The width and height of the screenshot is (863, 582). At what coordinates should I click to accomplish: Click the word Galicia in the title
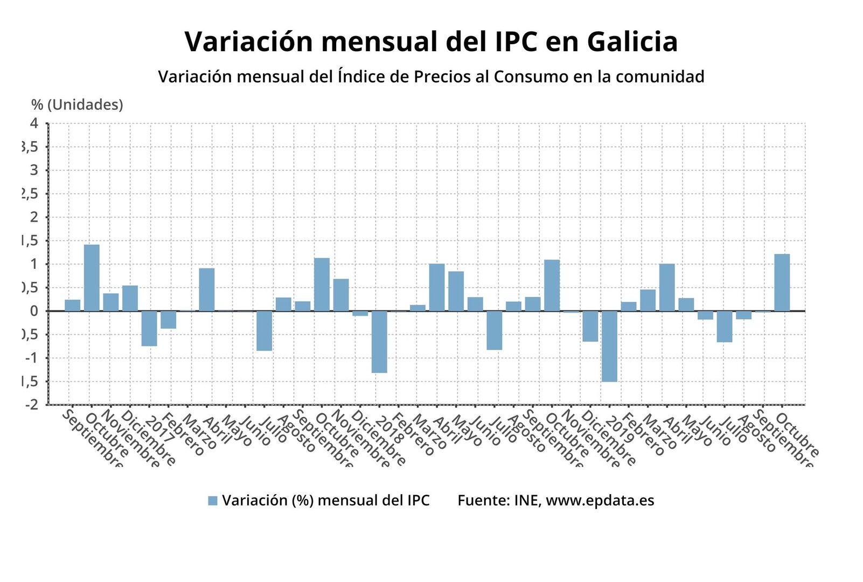(x=632, y=41)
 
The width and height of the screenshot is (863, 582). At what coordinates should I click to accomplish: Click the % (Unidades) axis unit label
(x=77, y=105)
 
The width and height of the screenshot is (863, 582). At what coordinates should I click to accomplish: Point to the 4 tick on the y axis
(x=34, y=123)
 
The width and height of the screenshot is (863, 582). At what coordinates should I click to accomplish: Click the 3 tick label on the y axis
(x=34, y=170)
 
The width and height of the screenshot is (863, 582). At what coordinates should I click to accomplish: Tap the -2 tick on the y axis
(x=31, y=405)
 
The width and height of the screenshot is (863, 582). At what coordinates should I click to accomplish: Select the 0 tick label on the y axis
(x=34, y=311)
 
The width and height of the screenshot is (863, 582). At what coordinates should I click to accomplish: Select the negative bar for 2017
(x=149, y=328)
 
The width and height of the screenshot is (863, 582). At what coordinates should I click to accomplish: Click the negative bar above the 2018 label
(x=379, y=342)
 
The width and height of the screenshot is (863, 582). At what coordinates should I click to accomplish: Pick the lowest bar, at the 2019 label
(x=609, y=346)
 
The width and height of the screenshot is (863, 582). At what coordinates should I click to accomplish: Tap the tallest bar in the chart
(x=92, y=278)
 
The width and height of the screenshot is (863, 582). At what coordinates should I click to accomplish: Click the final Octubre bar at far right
(x=782, y=282)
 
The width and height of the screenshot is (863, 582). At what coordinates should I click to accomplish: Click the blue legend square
(x=213, y=501)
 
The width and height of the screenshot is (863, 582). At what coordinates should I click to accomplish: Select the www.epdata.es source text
(x=600, y=501)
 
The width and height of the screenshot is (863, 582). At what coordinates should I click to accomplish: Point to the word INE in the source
(x=526, y=501)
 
